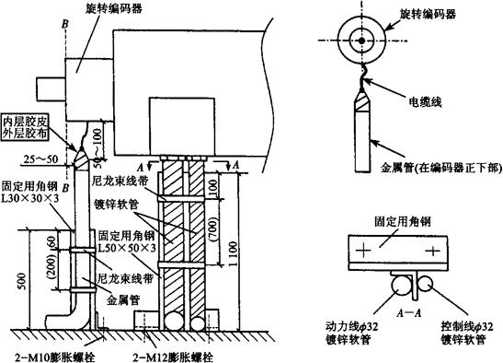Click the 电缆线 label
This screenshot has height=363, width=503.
tap(425, 101)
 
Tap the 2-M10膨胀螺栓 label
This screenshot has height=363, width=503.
tap(55, 357)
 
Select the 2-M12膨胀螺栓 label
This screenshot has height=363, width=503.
tap(173, 357)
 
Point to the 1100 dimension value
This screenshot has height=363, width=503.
tap(234, 253)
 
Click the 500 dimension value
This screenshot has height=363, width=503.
tap(22, 281)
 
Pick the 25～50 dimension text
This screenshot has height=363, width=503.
tap(41, 158)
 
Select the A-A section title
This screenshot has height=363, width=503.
tap(409, 312)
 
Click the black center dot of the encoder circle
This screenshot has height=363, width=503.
tap(361, 41)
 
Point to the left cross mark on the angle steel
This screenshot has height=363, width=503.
tap(363, 250)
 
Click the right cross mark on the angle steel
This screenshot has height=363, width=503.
tap(433, 251)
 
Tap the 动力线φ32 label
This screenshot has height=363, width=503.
tap(352, 327)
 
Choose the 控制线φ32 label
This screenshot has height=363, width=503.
tap(467, 327)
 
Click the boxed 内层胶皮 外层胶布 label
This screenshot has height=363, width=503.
tap(26, 128)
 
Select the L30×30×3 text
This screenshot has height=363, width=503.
tap(30, 199)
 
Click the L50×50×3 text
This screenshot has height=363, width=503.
tap(127, 248)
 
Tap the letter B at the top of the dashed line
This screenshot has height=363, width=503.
tap(65, 23)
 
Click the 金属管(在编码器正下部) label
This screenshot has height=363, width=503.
tap(441, 168)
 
